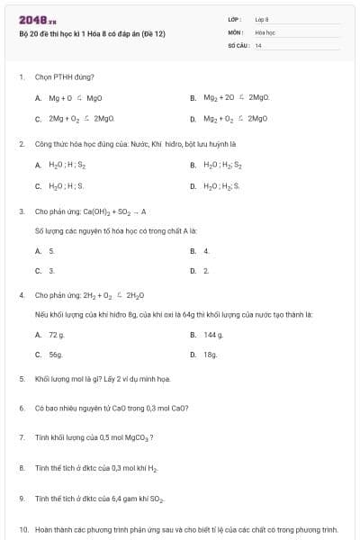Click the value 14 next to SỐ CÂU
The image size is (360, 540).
[258, 44]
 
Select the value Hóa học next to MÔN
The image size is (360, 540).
[265, 31]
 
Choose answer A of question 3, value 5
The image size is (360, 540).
[51, 250]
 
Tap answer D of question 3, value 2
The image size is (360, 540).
[206, 270]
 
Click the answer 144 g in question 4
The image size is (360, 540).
[213, 334]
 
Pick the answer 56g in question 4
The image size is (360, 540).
[56, 355]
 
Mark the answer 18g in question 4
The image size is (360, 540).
[211, 355]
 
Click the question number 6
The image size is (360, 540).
[21, 408]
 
